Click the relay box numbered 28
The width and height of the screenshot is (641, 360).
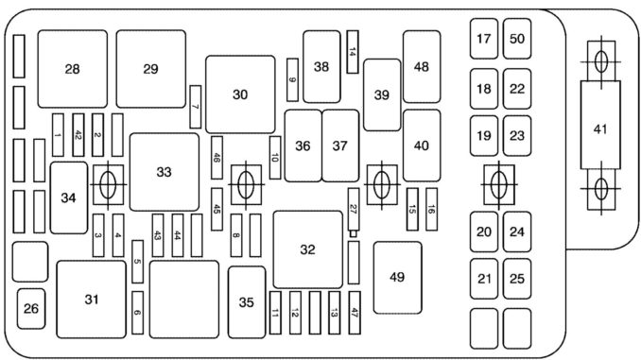[72, 68]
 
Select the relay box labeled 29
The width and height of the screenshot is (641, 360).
[150, 68]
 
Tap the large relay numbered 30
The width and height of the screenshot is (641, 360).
[239, 94]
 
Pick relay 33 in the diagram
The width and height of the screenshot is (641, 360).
[165, 172]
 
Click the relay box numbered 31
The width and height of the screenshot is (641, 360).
[91, 300]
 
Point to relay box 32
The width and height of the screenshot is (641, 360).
[307, 249]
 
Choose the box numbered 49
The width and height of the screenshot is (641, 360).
[396, 277]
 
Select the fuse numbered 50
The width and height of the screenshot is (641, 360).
[516, 39]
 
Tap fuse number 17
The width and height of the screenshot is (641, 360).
[484, 39]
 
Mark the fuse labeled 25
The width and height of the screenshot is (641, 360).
[516, 278]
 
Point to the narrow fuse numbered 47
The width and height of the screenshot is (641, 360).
[354, 313]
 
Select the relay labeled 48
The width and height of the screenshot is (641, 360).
[421, 67]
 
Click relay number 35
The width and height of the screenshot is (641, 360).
[246, 302]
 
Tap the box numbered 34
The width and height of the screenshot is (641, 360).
[68, 197]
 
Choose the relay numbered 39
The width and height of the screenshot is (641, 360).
[381, 94]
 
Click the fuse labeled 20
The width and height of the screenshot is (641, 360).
[484, 231]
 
